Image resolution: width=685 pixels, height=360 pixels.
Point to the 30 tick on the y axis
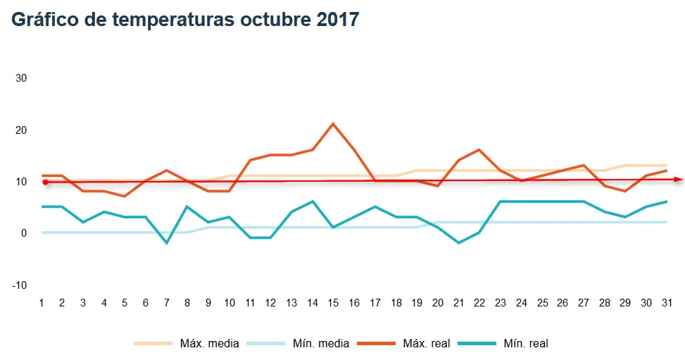pos(21,78)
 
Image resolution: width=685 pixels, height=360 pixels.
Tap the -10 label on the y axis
pos(19,285)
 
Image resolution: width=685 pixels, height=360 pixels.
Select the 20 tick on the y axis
pos(21,130)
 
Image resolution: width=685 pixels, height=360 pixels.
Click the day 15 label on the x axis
pos(333,303)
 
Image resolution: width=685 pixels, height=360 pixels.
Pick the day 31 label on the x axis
pos(667,303)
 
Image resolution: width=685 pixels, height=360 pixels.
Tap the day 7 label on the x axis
pos(167,303)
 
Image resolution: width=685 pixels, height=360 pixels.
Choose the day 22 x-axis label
pos(479,303)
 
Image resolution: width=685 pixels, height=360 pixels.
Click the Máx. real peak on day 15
pos(333,124)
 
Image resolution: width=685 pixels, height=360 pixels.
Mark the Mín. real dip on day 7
pos(167,243)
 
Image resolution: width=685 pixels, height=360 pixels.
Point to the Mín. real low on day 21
pos(458,243)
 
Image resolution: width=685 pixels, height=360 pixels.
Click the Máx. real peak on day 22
pos(479,149)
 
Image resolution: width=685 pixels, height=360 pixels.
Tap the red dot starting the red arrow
pos(45,182)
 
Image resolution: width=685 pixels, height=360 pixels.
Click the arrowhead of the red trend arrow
pos(679,180)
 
